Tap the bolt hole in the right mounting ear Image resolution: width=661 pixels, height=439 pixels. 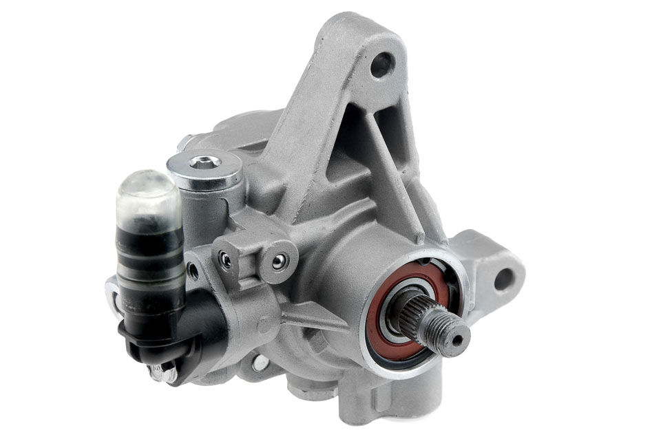click(505, 278)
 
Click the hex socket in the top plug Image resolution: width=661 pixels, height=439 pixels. click(204, 162)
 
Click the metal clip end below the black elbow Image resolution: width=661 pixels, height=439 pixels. click(162, 372)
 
